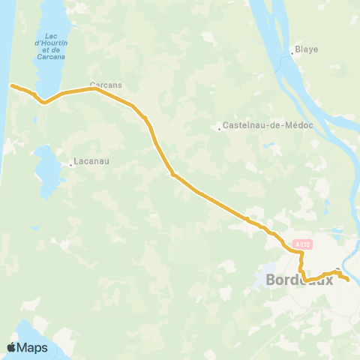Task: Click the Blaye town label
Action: click(x=307, y=49)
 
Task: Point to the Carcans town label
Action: click(x=106, y=85)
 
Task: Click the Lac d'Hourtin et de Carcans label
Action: click(x=51, y=46)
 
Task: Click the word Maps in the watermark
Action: click(x=34, y=347)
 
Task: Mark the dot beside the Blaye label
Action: click(x=292, y=53)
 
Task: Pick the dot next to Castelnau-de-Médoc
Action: click(x=219, y=129)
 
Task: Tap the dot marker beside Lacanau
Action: click(x=70, y=164)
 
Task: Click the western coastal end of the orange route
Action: click(x=11, y=85)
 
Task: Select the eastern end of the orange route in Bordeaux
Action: click(x=348, y=280)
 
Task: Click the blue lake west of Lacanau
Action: click(x=46, y=169)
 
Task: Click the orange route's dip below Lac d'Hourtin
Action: click(x=44, y=102)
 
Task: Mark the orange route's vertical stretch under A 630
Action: click(x=301, y=265)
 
